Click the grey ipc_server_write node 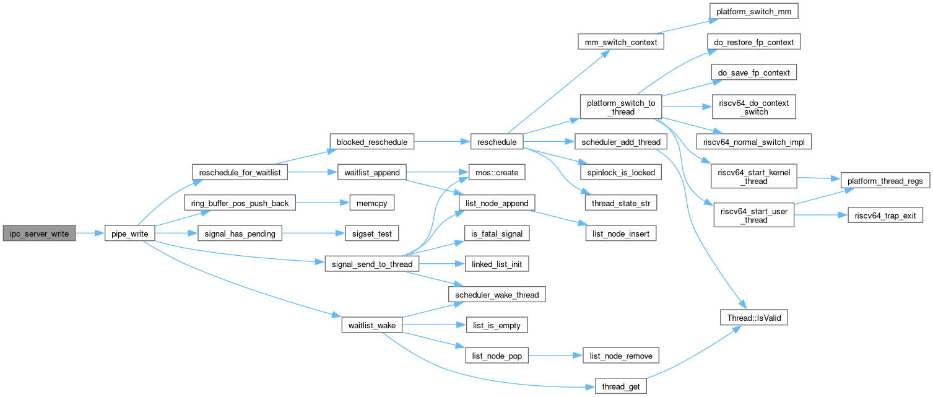(39, 233)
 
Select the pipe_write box (129, 233)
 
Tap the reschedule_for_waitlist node (240, 172)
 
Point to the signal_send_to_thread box (372, 264)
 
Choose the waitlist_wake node (372, 325)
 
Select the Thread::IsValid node (753, 317)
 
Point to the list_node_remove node (620, 356)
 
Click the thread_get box (621, 386)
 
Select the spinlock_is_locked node (617, 172)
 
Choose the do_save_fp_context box (753, 73)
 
